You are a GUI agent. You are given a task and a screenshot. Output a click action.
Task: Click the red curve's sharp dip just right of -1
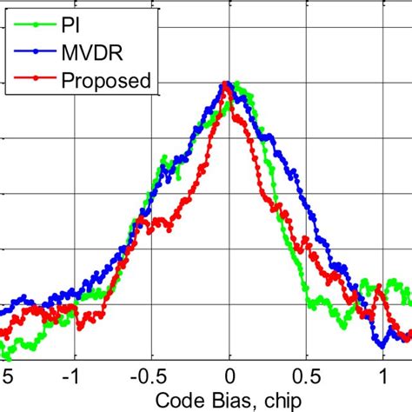[84, 328]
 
